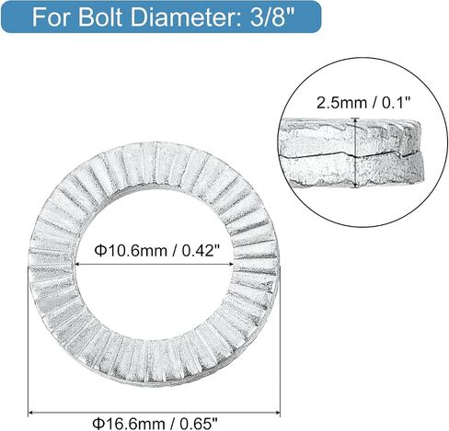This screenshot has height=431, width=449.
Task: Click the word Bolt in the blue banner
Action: [102, 17]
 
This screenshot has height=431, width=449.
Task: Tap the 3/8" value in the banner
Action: [271, 17]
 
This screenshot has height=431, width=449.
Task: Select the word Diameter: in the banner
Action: [187, 17]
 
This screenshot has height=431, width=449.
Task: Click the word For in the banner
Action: [52, 17]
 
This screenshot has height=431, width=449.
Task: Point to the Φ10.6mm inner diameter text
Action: [132, 251]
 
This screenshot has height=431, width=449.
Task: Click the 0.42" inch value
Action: [201, 251]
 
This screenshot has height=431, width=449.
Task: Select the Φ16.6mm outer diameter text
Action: [129, 424]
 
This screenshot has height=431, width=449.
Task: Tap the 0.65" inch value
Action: [199, 424]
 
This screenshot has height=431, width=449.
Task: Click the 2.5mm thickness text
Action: [341, 103]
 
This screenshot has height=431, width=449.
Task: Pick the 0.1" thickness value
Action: [396, 103]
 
